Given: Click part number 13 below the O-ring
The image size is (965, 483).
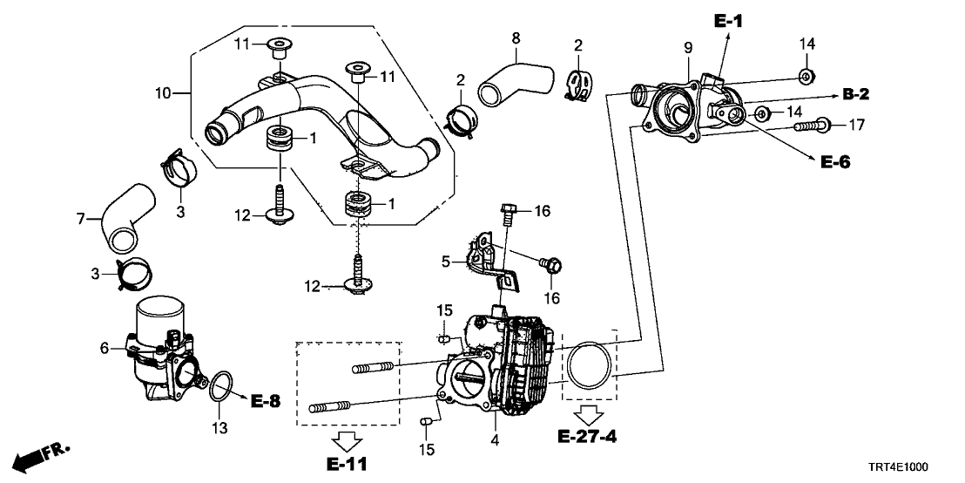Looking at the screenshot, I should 220,428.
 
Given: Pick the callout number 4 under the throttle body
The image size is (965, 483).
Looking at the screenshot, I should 495,441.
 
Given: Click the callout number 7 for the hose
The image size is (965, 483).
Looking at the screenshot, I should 81,218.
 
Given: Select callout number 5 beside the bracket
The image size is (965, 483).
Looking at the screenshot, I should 444,260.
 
